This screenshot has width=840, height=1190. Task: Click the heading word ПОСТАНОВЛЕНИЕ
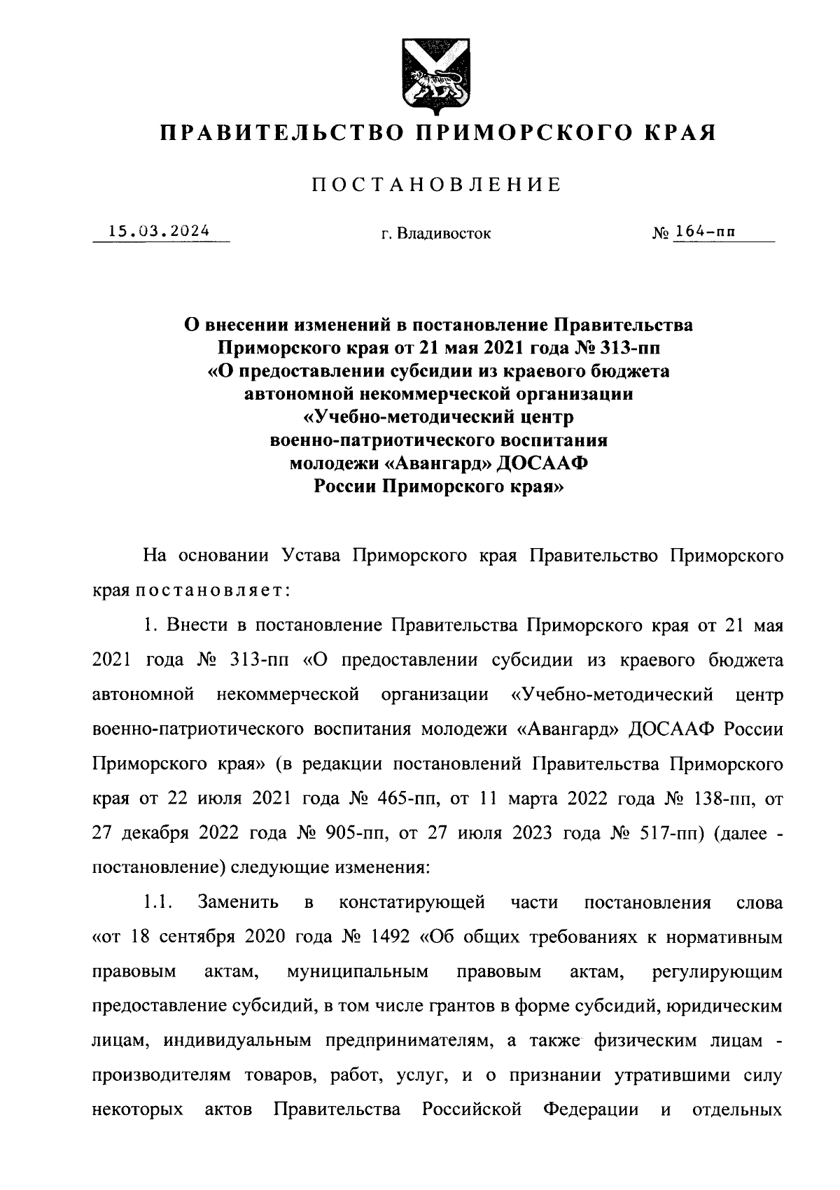point(436,185)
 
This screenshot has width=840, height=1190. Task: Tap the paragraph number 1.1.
point(158,902)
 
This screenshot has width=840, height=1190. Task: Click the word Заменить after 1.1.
point(239,902)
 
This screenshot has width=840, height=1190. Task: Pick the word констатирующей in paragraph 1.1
point(412,902)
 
